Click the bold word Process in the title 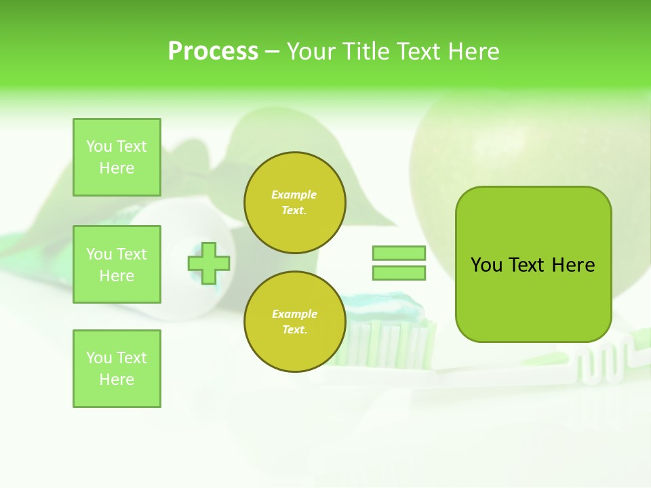click(213, 52)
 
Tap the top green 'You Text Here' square click(117, 157)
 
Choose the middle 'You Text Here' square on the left click(117, 264)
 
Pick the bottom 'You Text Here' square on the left click(117, 368)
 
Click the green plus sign click(209, 263)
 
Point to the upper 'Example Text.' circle click(295, 203)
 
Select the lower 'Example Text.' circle click(295, 321)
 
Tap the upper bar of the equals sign click(399, 253)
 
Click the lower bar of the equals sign click(399, 273)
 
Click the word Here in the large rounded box click(573, 265)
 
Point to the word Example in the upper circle click(294, 195)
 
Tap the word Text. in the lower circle click(294, 329)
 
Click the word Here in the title click(475, 52)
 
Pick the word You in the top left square click(99, 146)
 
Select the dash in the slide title click(273, 52)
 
